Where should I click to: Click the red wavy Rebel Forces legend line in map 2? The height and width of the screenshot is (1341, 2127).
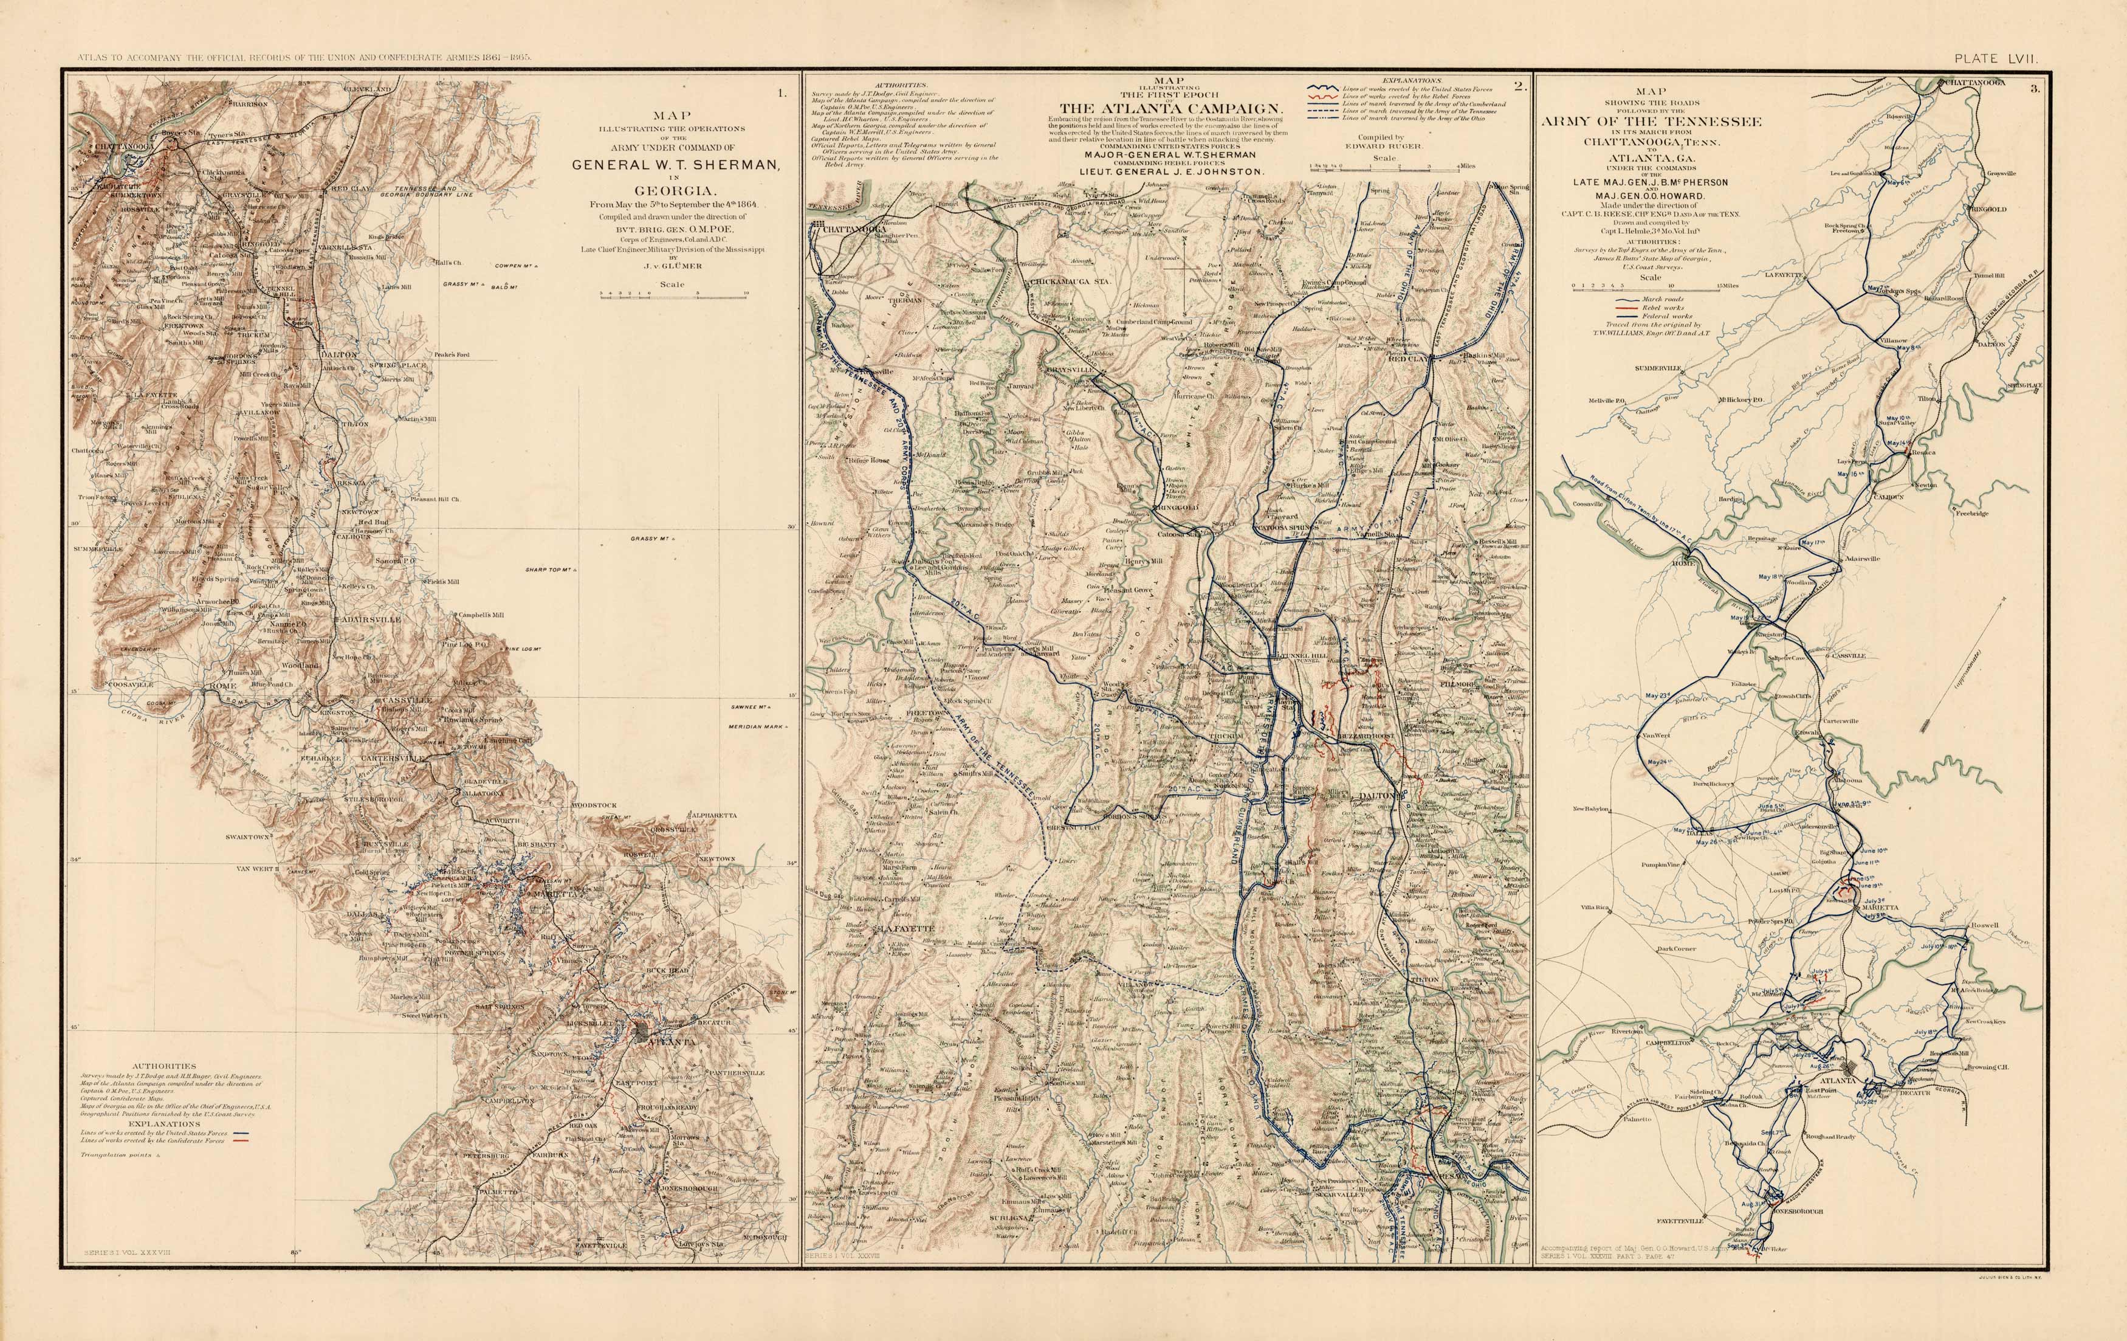click(x=1322, y=95)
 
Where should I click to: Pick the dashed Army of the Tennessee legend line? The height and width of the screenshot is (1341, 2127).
click(x=1322, y=111)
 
